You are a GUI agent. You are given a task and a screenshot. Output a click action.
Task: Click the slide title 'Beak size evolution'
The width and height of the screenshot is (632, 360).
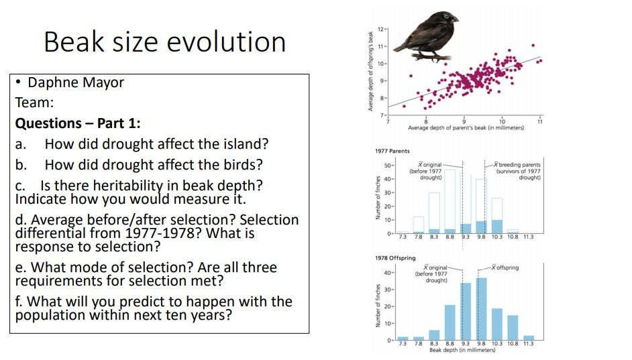click(x=164, y=42)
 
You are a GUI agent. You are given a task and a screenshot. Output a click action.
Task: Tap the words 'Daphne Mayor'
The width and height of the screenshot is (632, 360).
click(x=76, y=82)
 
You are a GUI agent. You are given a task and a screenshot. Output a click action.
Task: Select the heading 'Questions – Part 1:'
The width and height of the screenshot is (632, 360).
click(x=78, y=123)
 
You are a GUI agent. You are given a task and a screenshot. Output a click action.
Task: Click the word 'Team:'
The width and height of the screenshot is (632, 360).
click(x=34, y=103)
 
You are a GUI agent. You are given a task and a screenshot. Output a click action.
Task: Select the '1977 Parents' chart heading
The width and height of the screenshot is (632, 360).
click(x=392, y=152)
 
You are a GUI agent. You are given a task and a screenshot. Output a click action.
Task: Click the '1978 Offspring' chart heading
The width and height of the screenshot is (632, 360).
click(x=395, y=258)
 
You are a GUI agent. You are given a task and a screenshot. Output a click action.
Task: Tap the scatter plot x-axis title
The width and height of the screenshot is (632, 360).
click(x=466, y=127)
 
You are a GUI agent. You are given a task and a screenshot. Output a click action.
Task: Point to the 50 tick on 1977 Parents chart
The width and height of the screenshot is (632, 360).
click(x=388, y=165)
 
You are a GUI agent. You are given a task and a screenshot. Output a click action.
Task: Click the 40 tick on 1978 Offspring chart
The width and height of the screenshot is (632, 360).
click(x=388, y=273)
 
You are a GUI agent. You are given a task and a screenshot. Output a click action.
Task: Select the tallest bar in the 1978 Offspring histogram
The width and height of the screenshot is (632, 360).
click(x=480, y=309)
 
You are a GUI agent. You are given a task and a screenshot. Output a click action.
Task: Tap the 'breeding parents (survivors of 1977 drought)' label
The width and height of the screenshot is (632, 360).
click(x=517, y=171)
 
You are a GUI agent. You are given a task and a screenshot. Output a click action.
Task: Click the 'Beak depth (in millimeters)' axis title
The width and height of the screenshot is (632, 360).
click(x=462, y=351)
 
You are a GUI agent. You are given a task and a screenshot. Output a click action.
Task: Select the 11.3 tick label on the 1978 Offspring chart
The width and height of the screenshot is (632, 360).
click(x=528, y=344)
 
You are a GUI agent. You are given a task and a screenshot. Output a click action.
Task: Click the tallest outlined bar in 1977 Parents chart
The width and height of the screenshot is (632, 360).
click(x=450, y=201)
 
